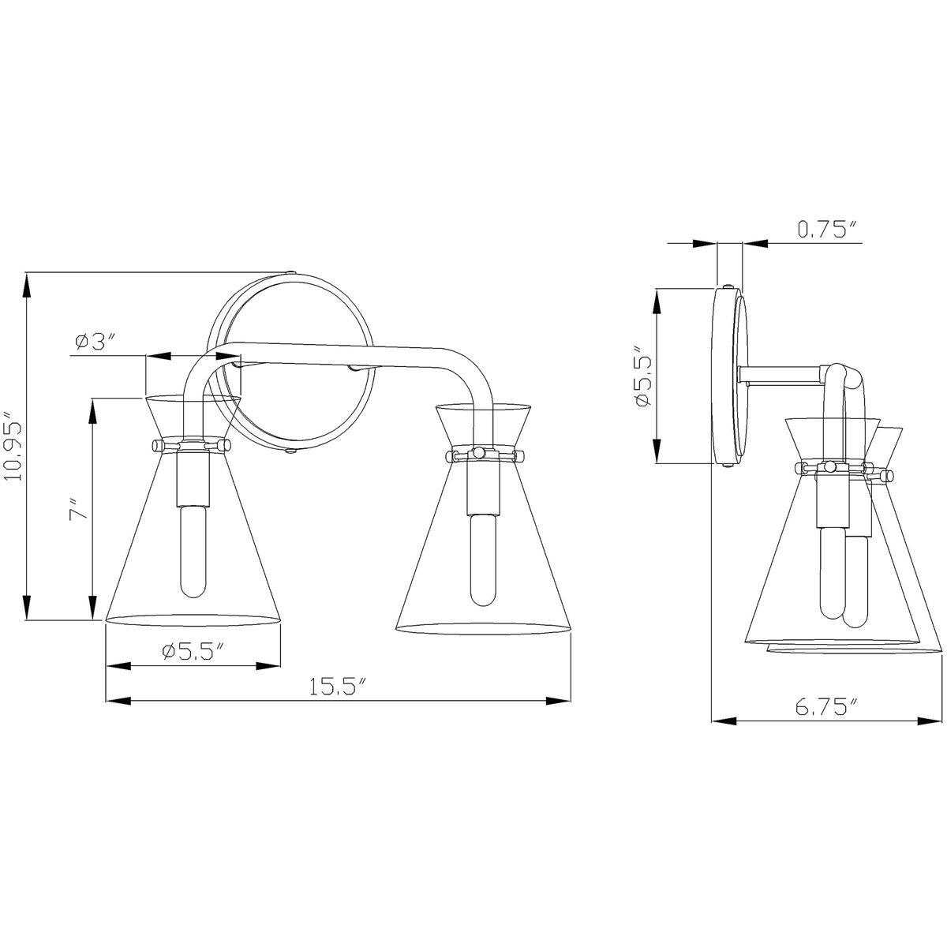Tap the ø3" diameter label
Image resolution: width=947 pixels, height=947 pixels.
point(95,342)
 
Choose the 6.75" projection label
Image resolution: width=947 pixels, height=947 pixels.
point(825,707)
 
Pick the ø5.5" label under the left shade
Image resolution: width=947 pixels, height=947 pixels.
point(193,652)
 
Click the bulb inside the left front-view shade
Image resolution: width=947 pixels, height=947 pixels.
point(192,552)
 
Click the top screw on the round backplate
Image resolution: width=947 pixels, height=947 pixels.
point(292,272)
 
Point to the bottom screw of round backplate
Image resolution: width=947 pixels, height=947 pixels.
point(292,451)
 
